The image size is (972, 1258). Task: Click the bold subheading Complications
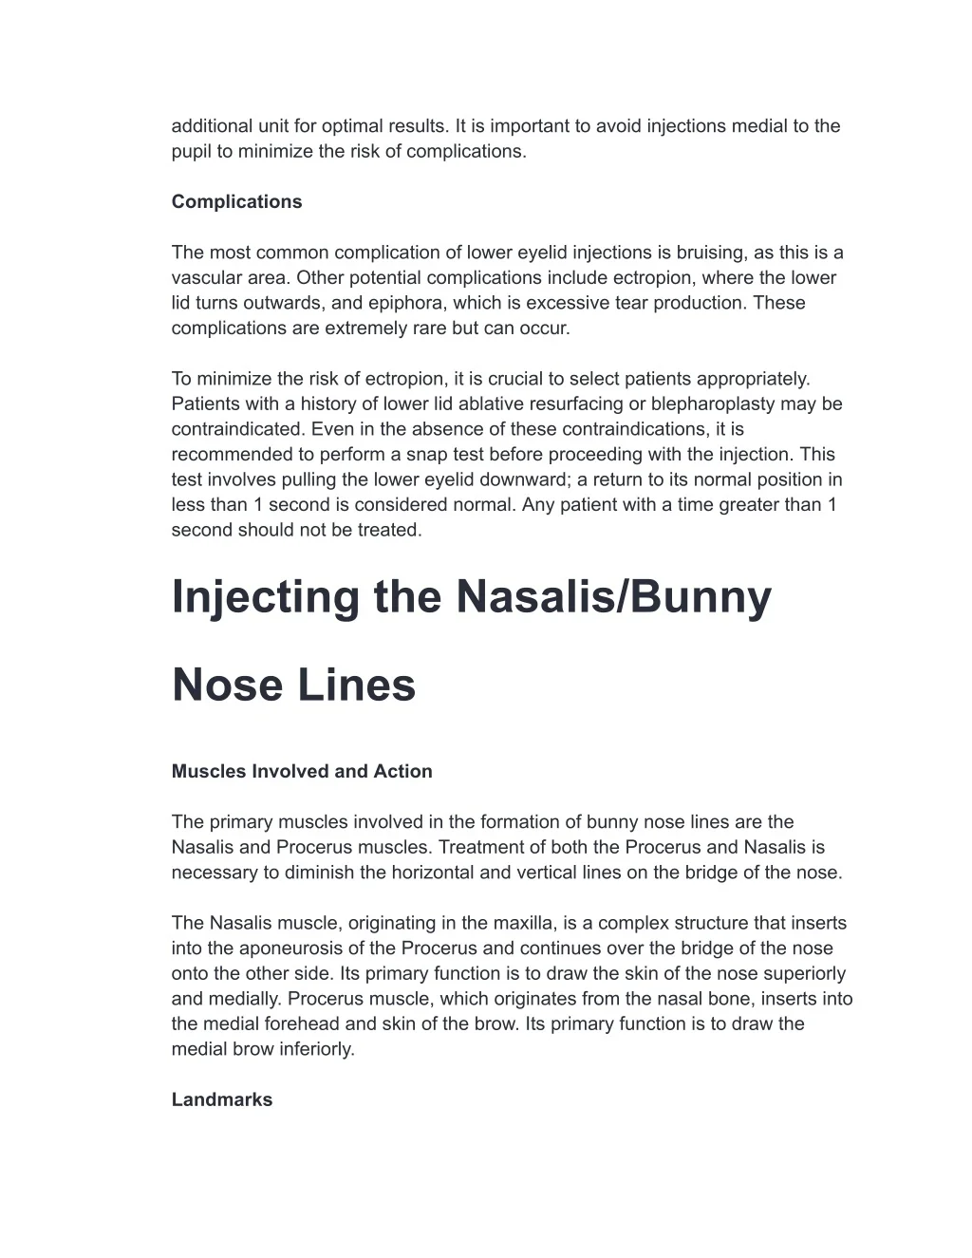(236, 201)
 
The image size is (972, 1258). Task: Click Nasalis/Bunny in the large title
(614, 596)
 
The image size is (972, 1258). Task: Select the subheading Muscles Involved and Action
(302, 771)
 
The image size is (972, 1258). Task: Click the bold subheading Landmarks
(222, 1099)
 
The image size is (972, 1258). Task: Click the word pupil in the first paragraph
(191, 151)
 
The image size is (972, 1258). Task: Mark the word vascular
(205, 277)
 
